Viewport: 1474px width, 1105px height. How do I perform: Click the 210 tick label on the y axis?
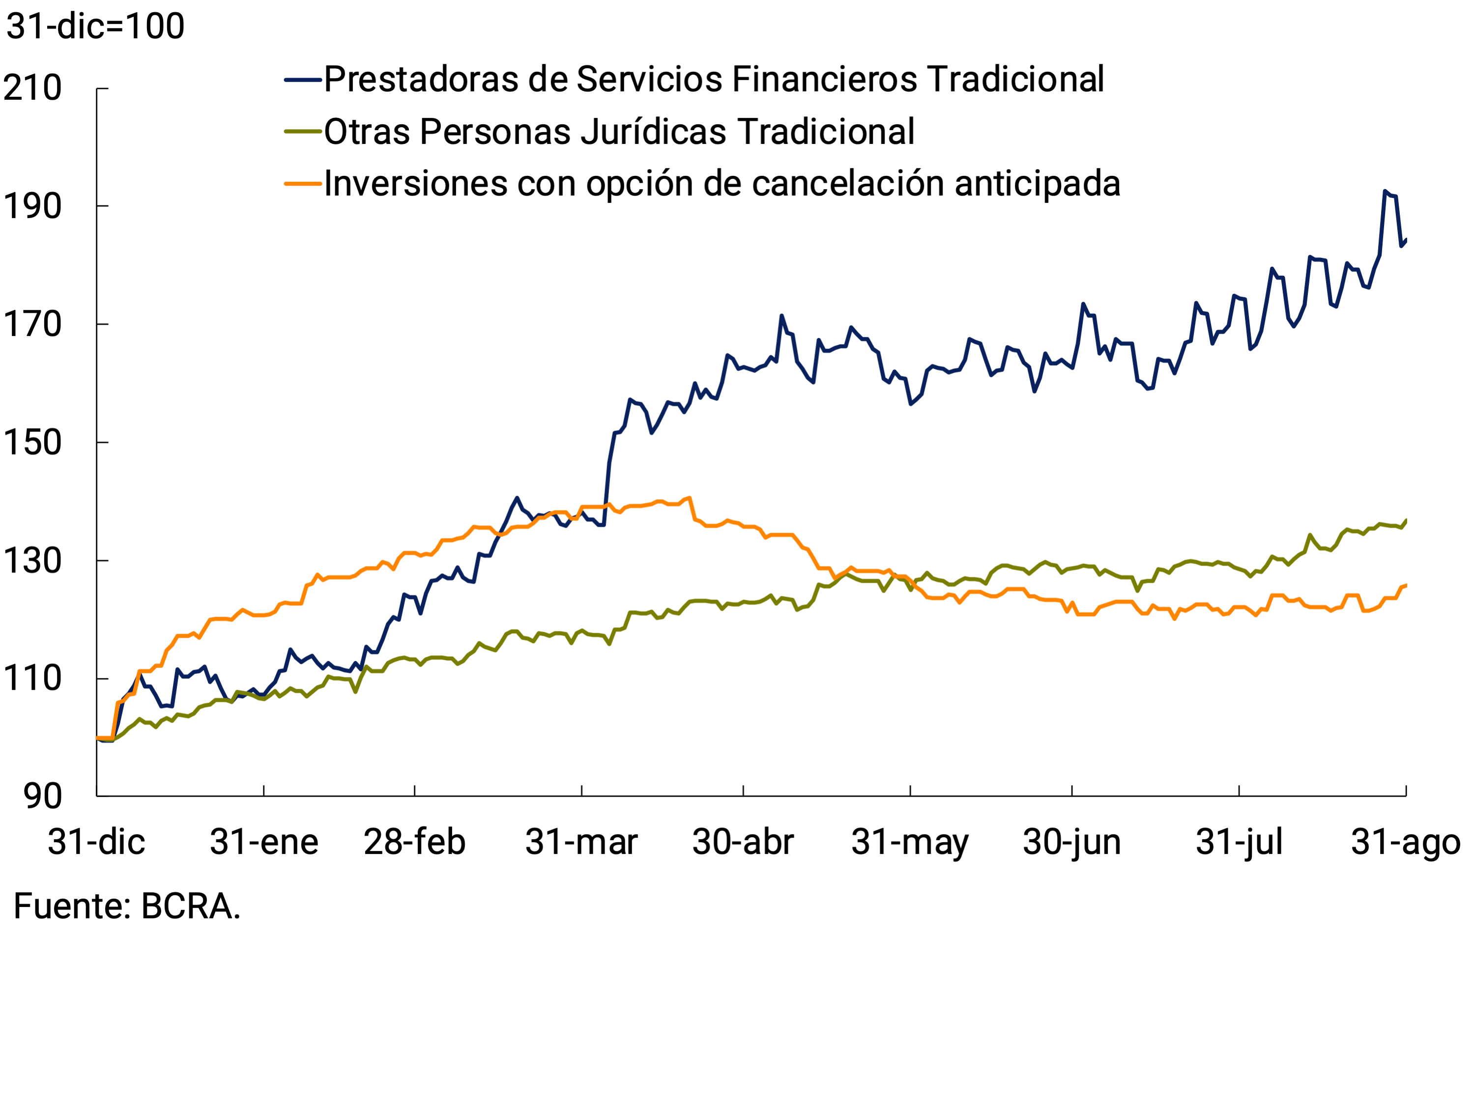click(x=32, y=88)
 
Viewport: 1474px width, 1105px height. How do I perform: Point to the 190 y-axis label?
click(x=32, y=206)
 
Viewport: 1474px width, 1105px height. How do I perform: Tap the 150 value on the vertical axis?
click(x=32, y=443)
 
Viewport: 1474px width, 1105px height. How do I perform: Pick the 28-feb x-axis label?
click(x=414, y=843)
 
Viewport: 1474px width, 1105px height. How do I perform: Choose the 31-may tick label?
click(x=910, y=843)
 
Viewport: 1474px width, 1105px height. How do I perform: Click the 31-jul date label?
click(x=1239, y=843)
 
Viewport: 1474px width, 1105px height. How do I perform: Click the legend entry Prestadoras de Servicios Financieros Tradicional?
click(x=714, y=79)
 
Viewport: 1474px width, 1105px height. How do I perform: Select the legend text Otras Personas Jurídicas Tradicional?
click(x=619, y=132)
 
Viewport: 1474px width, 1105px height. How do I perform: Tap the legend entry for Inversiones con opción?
click(x=722, y=184)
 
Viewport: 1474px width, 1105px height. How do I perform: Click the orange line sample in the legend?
click(x=303, y=184)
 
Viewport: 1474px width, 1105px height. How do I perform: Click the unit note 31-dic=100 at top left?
click(x=95, y=27)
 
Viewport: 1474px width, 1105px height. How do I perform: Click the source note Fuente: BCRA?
click(x=127, y=907)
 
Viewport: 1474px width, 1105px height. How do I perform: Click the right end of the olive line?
click(x=1405, y=521)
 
